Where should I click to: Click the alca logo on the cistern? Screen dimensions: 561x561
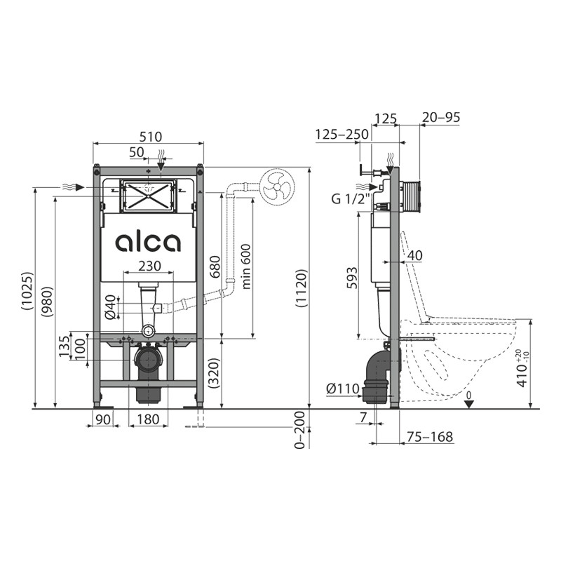click(148, 243)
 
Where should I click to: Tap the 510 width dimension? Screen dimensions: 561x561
click(151, 137)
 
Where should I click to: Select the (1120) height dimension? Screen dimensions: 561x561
click(301, 288)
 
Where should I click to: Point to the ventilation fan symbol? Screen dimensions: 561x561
click(277, 187)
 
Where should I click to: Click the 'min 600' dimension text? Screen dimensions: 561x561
click(246, 266)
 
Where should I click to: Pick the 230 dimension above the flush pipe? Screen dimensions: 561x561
click(149, 266)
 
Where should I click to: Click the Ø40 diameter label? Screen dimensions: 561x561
click(111, 306)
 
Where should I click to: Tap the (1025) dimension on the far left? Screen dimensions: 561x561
click(27, 291)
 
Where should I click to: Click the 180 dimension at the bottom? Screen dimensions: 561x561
click(148, 419)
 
